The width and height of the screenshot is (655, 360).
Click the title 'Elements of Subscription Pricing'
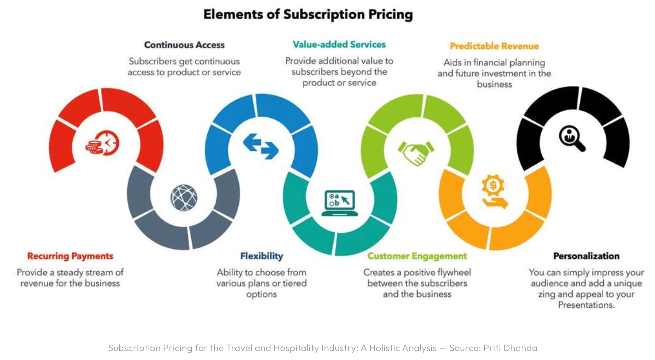(x=308, y=15)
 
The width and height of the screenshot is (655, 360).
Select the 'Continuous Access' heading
(x=184, y=45)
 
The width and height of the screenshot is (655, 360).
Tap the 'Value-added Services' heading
(x=339, y=45)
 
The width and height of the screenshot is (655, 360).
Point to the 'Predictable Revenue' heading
(x=494, y=46)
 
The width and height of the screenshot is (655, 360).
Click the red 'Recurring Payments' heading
(x=70, y=256)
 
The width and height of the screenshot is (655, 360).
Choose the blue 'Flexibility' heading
(x=262, y=256)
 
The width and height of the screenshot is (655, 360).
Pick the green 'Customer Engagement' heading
(x=417, y=256)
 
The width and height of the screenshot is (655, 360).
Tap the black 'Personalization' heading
(x=586, y=256)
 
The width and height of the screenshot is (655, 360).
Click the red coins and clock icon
(x=102, y=143)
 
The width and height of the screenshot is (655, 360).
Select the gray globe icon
(x=184, y=197)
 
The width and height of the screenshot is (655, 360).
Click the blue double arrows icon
(x=261, y=146)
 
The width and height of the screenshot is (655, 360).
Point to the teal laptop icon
(x=340, y=203)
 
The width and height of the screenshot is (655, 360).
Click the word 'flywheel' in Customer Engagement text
(x=454, y=273)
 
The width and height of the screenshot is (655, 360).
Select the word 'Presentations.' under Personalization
(x=586, y=305)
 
